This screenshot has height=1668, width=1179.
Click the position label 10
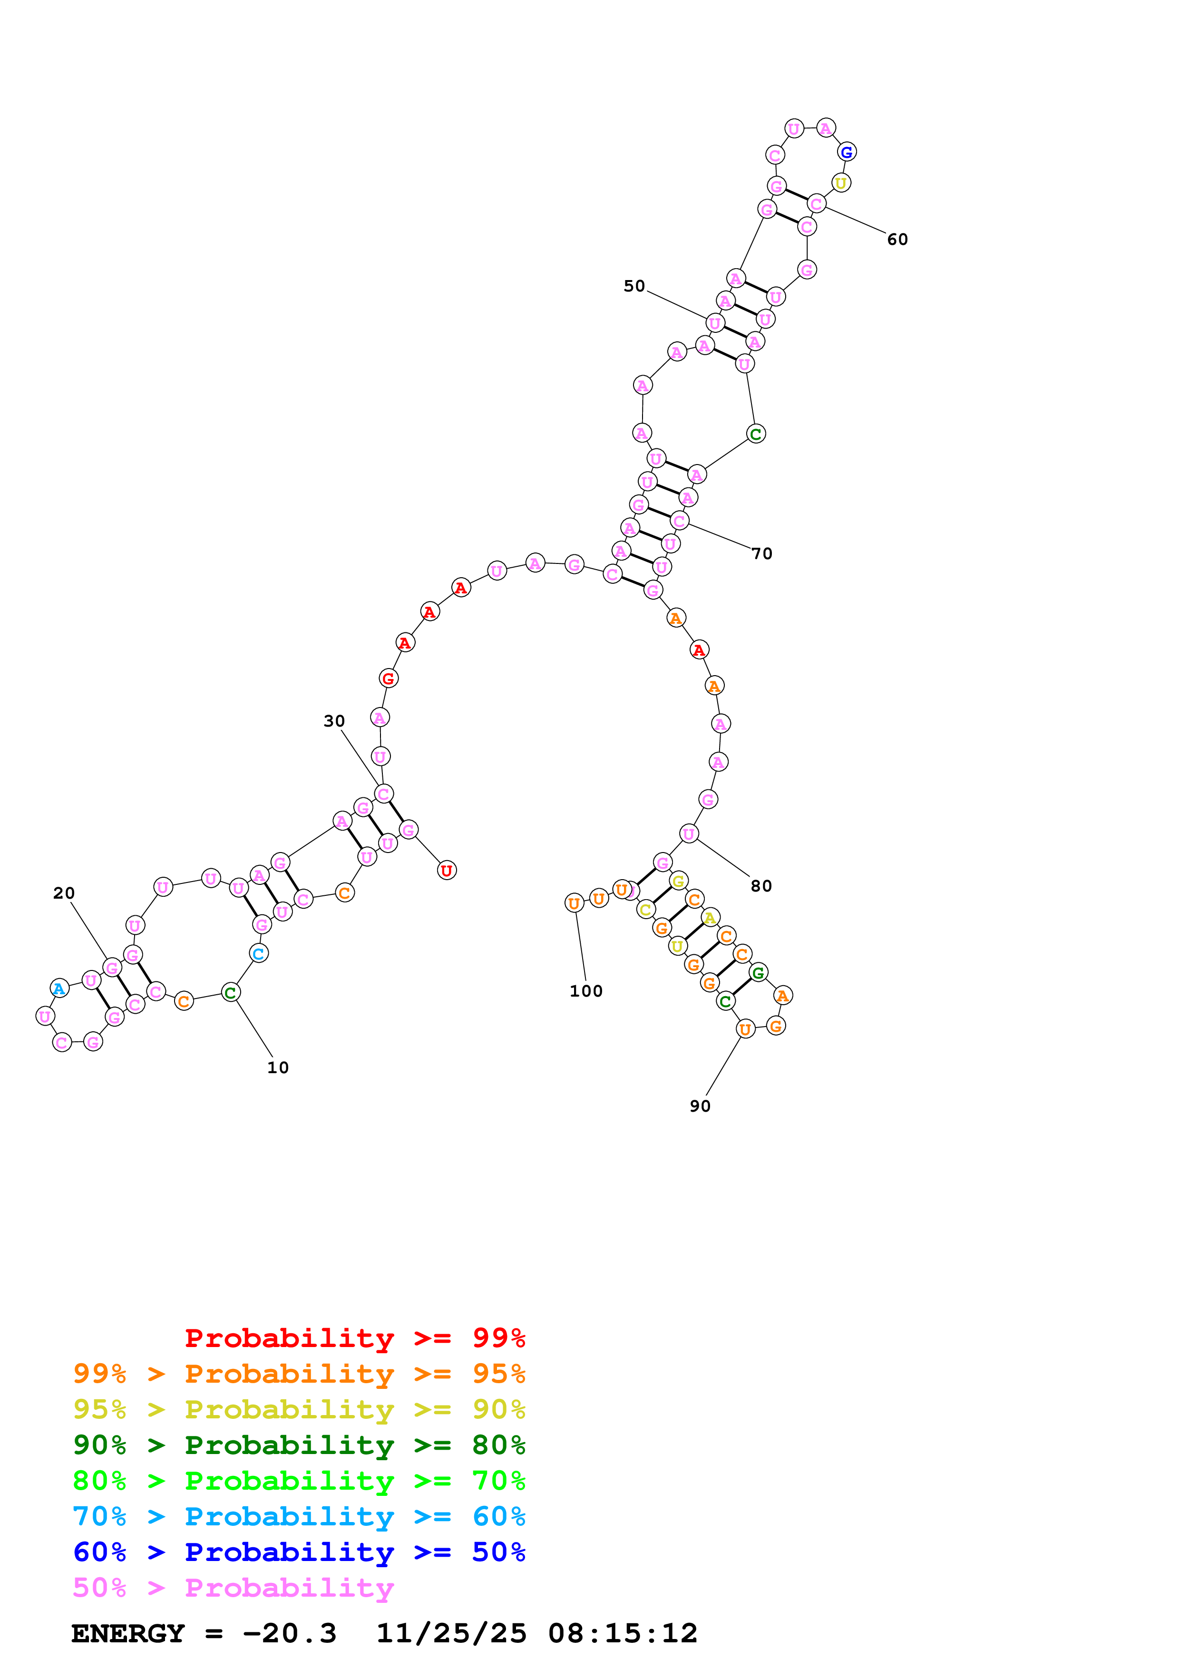pyautogui.click(x=277, y=1067)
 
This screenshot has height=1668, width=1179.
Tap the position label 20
pyautogui.click(x=64, y=893)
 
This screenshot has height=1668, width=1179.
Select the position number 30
pyautogui.click(x=334, y=721)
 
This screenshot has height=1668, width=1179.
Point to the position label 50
pyautogui.click(x=634, y=286)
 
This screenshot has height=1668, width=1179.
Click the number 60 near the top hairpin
pyautogui.click(x=897, y=240)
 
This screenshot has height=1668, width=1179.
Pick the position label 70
pyautogui.click(x=762, y=553)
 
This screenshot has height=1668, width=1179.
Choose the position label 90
pyautogui.click(x=700, y=1106)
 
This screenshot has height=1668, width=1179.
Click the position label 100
pyautogui.click(x=585, y=991)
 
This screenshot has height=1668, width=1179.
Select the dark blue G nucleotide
pyautogui.click(x=846, y=152)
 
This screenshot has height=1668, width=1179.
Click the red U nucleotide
pyautogui.click(x=447, y=870)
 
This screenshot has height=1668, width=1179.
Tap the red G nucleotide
pyautogui.click(x=389, y=679)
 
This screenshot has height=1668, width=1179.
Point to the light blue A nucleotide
pyautogui.click(x=59, y=989)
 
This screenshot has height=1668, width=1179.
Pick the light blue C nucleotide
pyautogui.click(x=259, y=953)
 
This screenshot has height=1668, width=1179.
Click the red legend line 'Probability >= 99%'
pyautogui.click(x=354, y=1338)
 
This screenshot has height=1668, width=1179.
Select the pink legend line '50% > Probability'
pyautogui.click(x=233, y=1588)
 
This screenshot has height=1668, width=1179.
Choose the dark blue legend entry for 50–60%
pyautogui.click(x=299, y=1552)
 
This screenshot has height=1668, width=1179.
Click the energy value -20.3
pyautogui.click(x=289, y=1634)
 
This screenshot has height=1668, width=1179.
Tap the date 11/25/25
pyautogui.click(x=451, y=1634)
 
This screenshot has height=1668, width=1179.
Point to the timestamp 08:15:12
pyautogui.click(x=623, y=1634)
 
